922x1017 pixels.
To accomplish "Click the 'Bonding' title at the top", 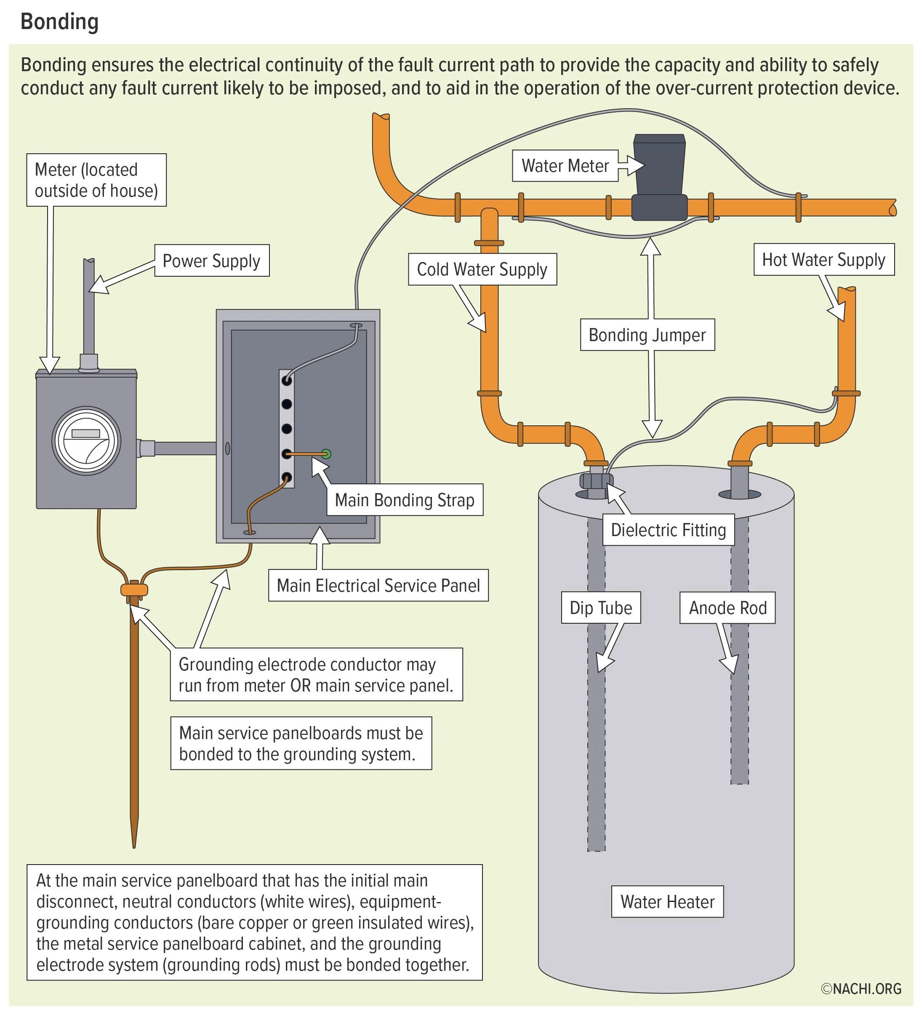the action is tap(59, 22).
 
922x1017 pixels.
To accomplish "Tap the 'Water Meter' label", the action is tap(565, 165).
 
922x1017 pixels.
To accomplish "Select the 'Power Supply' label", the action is tap(212, 260).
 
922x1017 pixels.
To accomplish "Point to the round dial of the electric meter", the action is tap(86, 440).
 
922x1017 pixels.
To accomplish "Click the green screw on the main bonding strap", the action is tap(326, 454).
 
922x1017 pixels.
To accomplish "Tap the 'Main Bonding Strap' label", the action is tap(405, 500).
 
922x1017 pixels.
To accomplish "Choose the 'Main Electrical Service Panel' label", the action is tap(378, 585).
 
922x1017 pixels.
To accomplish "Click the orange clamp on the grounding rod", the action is tap(134, 589).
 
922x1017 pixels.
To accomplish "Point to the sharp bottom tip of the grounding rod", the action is tap(134, 847).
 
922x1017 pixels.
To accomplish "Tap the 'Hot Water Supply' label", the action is tap(823, 259).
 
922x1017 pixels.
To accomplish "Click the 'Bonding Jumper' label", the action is tap(647, 334).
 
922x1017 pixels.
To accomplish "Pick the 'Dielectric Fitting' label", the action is tap(668, 530).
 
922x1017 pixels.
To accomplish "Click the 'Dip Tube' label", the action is tap(601, 607).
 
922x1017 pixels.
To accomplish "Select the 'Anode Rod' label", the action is tap(727, 607).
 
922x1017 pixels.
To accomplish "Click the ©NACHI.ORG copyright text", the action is tap(861, 989).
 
